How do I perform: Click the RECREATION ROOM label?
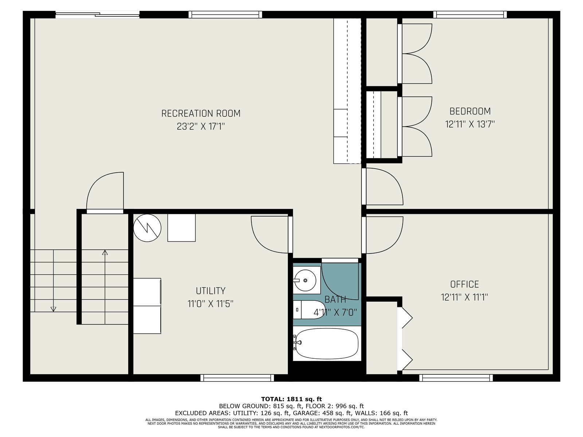tap(201, 114)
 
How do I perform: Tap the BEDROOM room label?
tap(470, 111)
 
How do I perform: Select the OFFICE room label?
tap(465, 284)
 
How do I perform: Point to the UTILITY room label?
tap(210, 291)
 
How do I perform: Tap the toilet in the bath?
tap(309, 310)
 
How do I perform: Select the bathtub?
tap(327, 343)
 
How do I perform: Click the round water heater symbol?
tap(147, 228)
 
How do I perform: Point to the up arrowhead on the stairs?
tap(105, 253)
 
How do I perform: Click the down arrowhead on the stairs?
tap(54, 309)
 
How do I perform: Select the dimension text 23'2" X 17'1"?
tap(201, 127)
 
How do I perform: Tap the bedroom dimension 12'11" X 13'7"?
tap(470, 124)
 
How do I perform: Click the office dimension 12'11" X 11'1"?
tap(465, 297)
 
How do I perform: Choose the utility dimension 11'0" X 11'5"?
tap(210, 304)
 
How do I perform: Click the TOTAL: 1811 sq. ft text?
tap(291, 399)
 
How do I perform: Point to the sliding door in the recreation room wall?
tap(97, 15)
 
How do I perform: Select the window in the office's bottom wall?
tap(456, 378)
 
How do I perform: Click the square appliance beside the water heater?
tap(181, 228)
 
